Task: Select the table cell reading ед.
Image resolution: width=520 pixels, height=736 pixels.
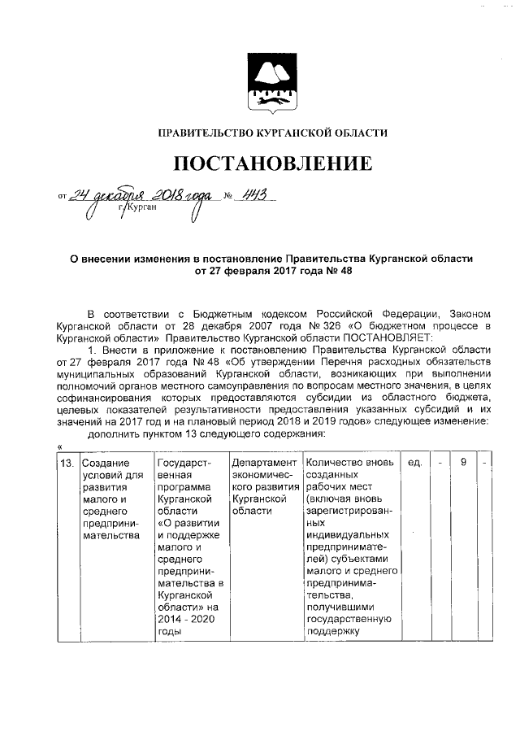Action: (x=414, y=463)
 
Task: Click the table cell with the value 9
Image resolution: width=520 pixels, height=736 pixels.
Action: (x=463, y=463)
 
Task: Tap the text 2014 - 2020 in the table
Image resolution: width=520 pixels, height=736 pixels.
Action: (x=184, y=618)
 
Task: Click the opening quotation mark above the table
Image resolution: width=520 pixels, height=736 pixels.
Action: (x=61, y=446)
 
